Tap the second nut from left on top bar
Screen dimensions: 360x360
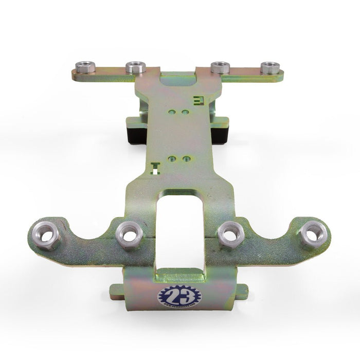tap(135, 67)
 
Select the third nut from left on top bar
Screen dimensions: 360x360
tap(220, 67)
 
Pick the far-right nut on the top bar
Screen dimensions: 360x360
tap(270, 67)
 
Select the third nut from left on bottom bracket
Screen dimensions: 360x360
tap(230, 235)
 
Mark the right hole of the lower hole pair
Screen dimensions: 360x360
tap(186, 159)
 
